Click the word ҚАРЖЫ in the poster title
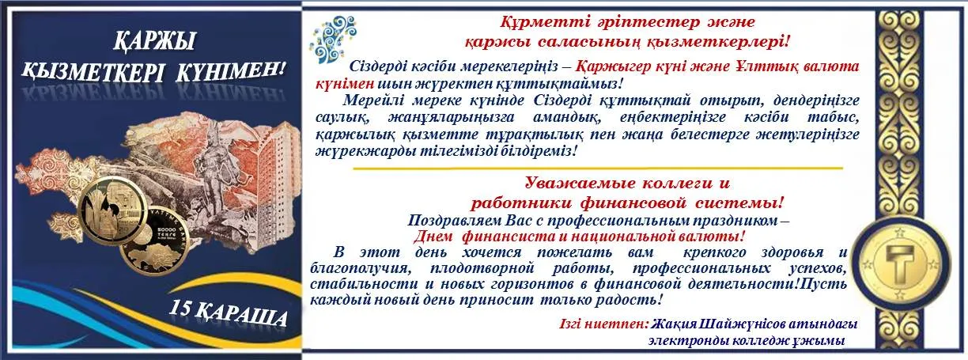155,42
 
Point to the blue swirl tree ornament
332,40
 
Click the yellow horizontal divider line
598,168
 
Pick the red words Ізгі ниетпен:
604,324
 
